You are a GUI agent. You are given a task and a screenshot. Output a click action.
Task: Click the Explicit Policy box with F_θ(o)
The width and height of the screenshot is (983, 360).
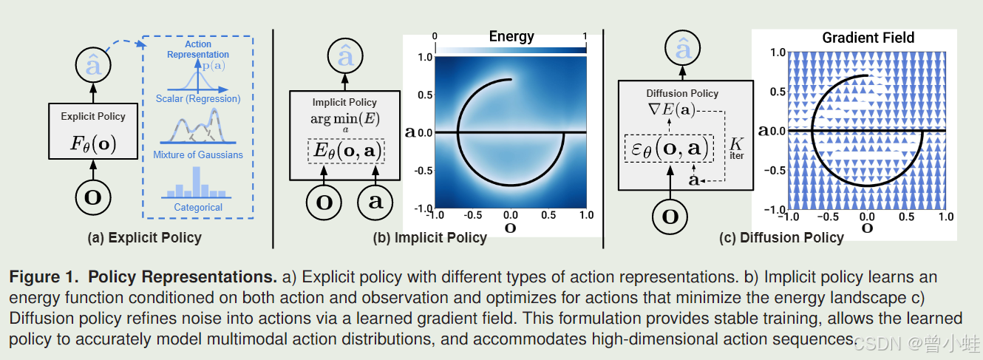(93, 131)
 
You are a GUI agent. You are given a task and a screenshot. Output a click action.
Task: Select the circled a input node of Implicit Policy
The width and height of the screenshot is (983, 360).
(375, 201)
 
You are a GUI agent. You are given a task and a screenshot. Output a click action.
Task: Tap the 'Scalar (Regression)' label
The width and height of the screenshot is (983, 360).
(197, 98)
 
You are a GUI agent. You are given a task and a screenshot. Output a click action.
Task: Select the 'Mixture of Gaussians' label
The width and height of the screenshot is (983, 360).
(197, 154)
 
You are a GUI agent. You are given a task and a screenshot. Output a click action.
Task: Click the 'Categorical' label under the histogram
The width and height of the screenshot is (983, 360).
(198, 208)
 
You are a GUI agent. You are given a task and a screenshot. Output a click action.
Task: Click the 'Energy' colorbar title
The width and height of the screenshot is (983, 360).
(511, 37)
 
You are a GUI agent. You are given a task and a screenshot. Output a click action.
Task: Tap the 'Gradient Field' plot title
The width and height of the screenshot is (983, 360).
(868, 37)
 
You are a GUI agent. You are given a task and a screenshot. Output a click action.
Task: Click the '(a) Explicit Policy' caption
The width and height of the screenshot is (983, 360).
(144, 238)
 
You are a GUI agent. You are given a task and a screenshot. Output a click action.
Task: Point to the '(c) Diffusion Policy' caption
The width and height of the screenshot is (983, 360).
(781, 238)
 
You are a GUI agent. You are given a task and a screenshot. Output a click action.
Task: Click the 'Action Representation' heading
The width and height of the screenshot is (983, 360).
(198, 50)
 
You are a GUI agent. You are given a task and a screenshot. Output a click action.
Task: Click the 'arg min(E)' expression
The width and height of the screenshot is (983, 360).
(345, 120)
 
